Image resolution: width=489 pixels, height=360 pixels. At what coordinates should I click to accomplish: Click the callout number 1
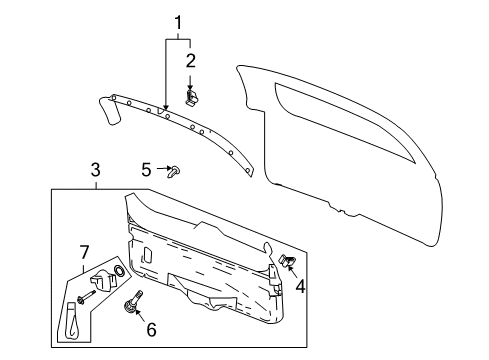[179, 22]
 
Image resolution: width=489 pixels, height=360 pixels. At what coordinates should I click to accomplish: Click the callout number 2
[190, 62]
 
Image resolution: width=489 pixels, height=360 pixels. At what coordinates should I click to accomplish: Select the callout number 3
[96, 172]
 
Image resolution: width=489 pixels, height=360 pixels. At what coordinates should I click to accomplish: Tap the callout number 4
[299, 288]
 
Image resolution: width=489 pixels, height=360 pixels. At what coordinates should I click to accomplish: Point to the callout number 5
[145, 170]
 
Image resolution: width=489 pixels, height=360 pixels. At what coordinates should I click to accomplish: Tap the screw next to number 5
[176, 171]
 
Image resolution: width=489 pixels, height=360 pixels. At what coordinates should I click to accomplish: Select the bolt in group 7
[82, 295]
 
